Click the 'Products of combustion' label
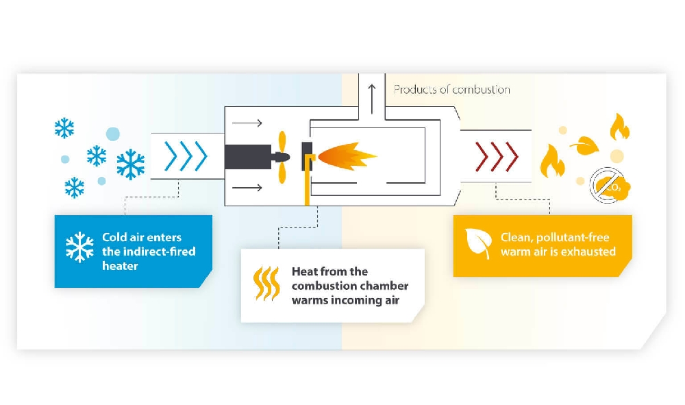(x=451, y=90)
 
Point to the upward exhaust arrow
(x=372, y=99)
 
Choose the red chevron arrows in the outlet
(x=497, y=157)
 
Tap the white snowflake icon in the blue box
(x=79, y=247)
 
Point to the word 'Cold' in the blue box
(x=114, y=237)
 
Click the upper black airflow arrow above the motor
(x=247, y=123)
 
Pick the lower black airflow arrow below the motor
(x=247, y=187)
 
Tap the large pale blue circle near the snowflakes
(x=112, y=134)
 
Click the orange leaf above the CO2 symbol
(x=584, y=145)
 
